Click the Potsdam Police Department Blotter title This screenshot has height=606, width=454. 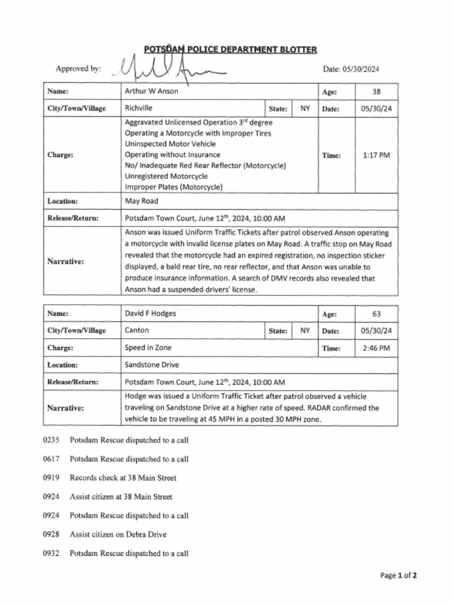(x=230, y=50)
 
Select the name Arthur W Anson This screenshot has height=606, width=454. (x=151, y=91)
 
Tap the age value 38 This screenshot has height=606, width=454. (x=377, y=92)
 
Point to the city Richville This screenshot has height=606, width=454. (x=138, y=108)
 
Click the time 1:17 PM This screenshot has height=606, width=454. (x=377, y=155)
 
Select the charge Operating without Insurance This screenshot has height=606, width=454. (x=164, y=154)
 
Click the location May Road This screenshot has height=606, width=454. (x=141, y=201)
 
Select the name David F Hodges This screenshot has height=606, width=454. (x=150, y=313)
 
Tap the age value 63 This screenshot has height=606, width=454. (x=377, y=314)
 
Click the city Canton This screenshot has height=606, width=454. (x=137, y=330)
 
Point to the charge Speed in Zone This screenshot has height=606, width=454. (x=148, y=348)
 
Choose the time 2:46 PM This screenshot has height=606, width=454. (x=377, y=349)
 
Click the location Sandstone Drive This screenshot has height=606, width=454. (x=152, y=365)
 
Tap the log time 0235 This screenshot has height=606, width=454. (x=51, y=440)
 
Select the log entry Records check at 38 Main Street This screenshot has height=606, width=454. (x=123, y=478)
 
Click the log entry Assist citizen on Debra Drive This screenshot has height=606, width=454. (x=118, y=534)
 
